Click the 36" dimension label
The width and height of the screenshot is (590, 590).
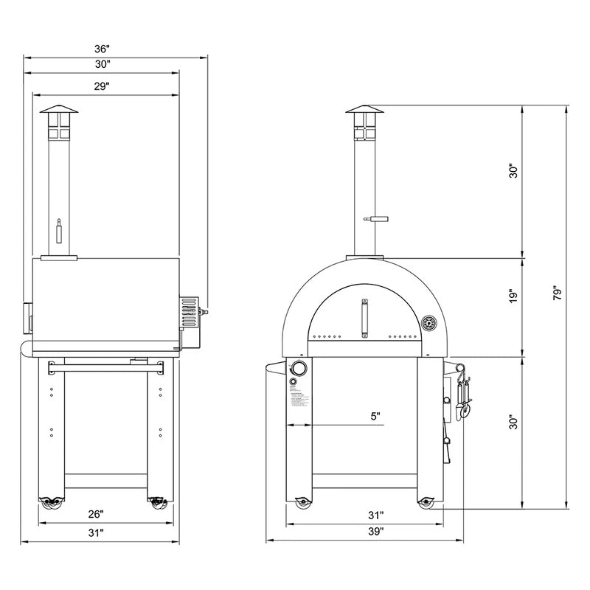click(x=102, y=49)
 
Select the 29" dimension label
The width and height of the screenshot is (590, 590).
click(x=102, y=86)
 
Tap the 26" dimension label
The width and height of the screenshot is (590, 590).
click(x=97, y=513)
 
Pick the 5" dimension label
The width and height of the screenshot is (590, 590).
click(x=376, y=417)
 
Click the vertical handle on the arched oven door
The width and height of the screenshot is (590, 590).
click(x=364, y=317)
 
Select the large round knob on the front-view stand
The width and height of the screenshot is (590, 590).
click(x=300, y=369)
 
